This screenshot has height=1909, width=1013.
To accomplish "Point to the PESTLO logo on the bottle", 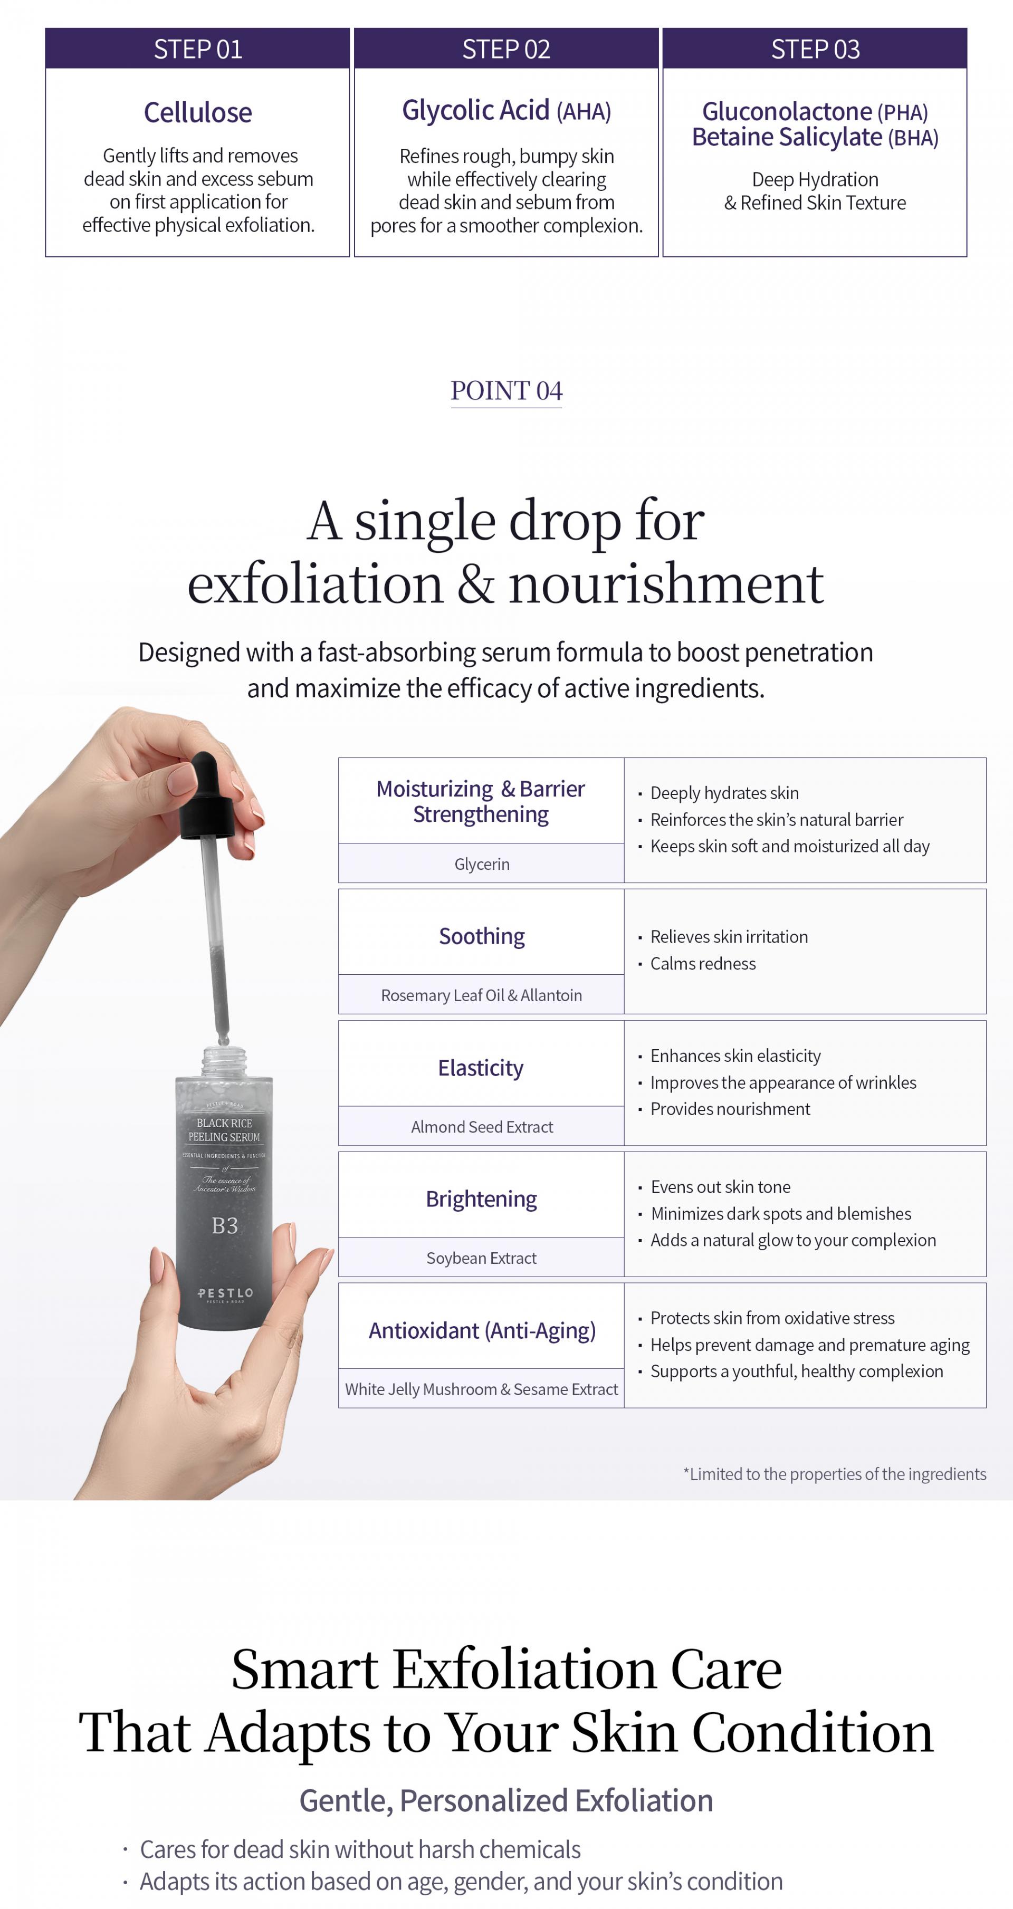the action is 225,1293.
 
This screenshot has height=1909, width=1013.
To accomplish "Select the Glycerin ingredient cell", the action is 482,864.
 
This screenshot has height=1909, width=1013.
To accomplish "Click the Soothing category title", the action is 482,936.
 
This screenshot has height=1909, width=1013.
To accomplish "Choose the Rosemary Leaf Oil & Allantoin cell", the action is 482,994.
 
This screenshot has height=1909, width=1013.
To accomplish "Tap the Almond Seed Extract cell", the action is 482,1126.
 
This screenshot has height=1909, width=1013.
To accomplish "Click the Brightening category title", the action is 482,1198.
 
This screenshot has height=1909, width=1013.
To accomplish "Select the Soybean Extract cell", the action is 482,1258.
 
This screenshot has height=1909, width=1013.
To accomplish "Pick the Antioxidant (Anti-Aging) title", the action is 482,1330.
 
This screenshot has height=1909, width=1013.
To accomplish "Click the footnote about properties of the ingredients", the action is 835,1474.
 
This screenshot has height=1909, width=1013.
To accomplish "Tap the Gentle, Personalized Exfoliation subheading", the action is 506,1800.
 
